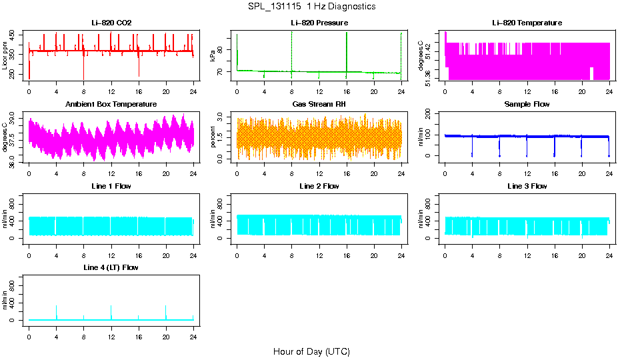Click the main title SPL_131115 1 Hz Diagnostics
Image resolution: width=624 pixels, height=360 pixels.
click(x=311, y=7)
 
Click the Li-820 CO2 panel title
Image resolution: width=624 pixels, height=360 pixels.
click(x=111, y=23)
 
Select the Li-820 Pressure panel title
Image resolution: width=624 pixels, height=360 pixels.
click(x=319, y=23)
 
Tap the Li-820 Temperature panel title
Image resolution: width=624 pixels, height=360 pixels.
click(x=527, y=23)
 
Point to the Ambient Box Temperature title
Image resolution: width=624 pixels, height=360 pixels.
click(x=111, y=105)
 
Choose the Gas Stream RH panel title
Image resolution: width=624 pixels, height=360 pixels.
click(x=319, y=105)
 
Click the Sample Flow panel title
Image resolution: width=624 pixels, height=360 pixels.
click(x=527, y=105)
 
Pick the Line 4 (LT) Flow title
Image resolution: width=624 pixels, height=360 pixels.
click(x=111, y=267)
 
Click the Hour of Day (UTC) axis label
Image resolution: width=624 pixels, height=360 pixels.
click(x=311, y=351)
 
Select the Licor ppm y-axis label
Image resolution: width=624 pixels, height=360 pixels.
click(x=5, y=56)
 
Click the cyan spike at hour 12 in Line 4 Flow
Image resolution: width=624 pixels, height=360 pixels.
click(x=111, y=312)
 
